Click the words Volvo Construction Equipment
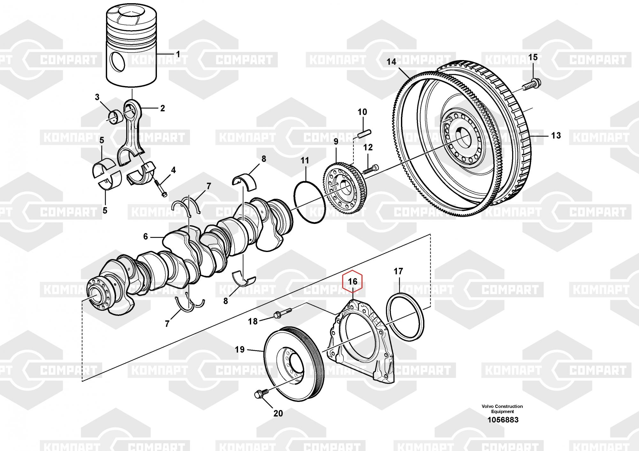coord(502,409)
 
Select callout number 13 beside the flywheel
coord(556,135)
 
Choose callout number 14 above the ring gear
coord(391,62)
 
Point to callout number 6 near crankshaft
coord(146,237)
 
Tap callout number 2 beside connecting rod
coord(162,108)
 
